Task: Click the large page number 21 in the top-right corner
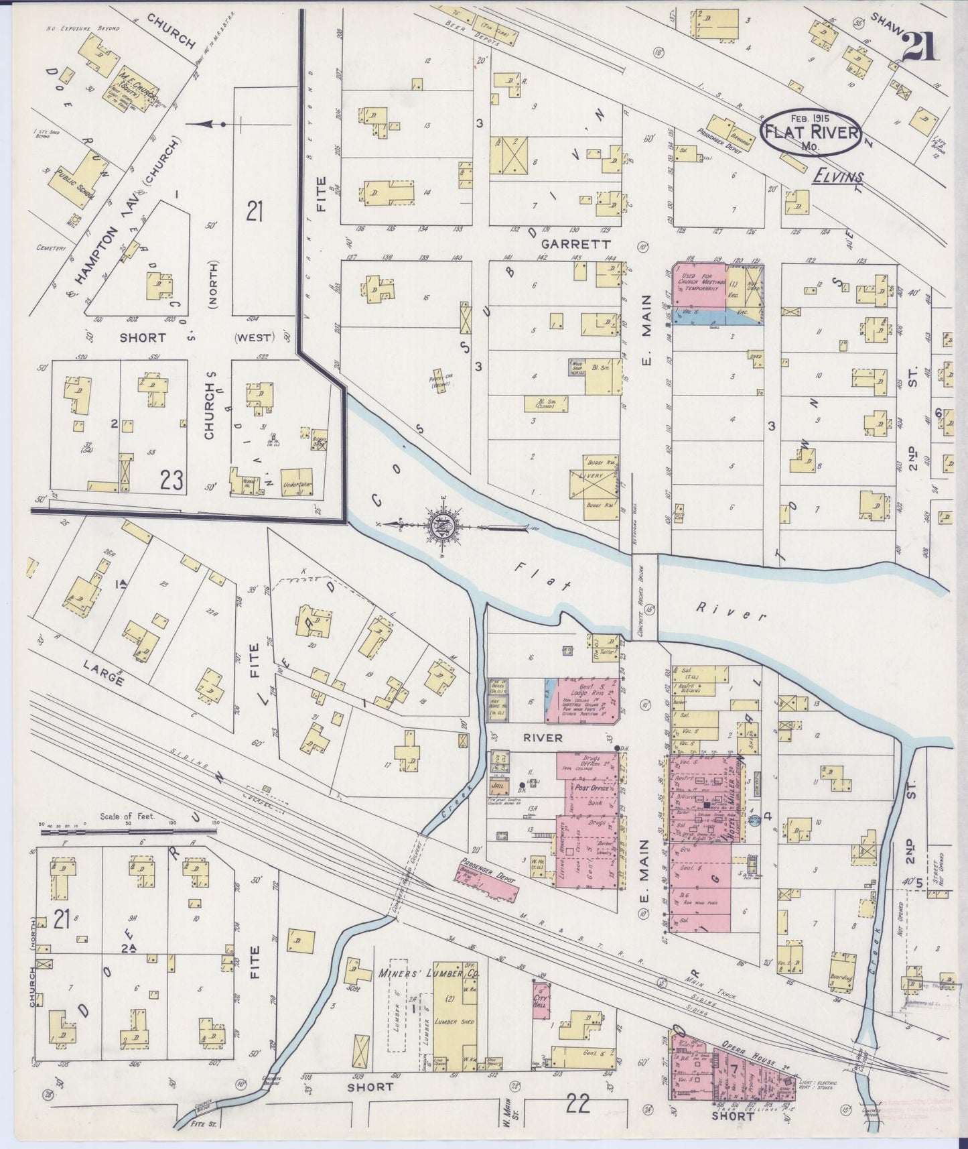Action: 920,47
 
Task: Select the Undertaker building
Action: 297,481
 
